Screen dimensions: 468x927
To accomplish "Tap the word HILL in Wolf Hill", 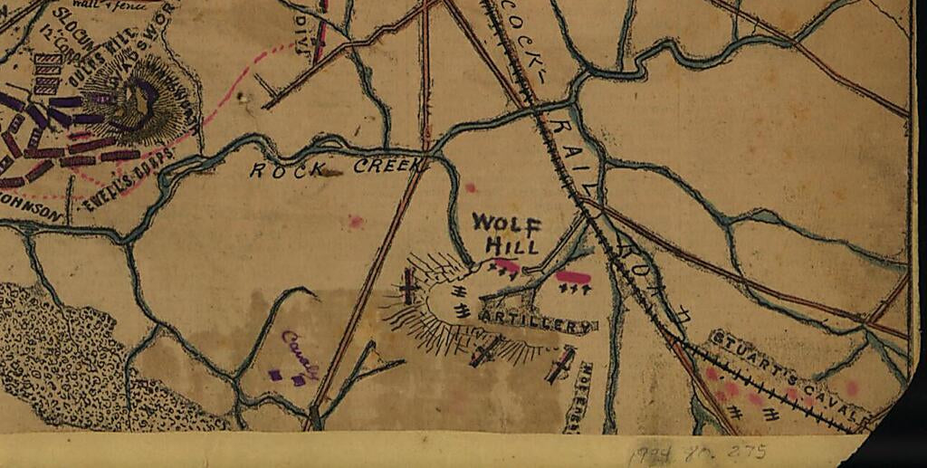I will point(512,244).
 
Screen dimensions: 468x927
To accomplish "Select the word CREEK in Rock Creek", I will point(388,166).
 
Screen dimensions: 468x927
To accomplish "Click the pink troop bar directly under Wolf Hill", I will point(506,265).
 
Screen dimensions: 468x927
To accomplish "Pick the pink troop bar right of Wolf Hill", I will point(572,276).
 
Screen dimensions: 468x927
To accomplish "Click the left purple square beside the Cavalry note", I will point(274,374).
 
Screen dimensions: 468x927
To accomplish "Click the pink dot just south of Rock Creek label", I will point(356,221).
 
